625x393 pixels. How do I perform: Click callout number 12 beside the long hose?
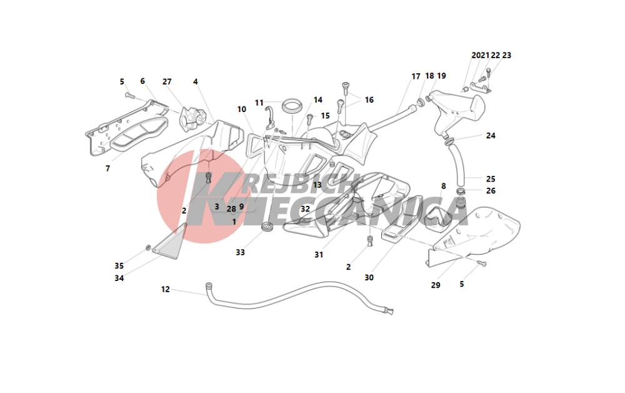166,289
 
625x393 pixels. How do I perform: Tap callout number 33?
240,252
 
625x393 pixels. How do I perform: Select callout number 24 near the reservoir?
491,136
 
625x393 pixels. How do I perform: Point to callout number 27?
167,81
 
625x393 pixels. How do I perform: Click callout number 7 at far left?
107,168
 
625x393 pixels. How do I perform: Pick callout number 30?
369,277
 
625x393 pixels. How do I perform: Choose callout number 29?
436,285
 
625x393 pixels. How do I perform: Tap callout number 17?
416,76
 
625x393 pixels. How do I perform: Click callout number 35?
119,266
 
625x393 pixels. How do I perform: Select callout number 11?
259,103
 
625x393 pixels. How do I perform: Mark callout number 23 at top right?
507,56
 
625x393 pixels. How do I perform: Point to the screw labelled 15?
309,118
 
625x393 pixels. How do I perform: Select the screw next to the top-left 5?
129,96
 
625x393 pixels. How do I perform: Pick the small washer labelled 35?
148,248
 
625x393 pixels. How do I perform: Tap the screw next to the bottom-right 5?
482,263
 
